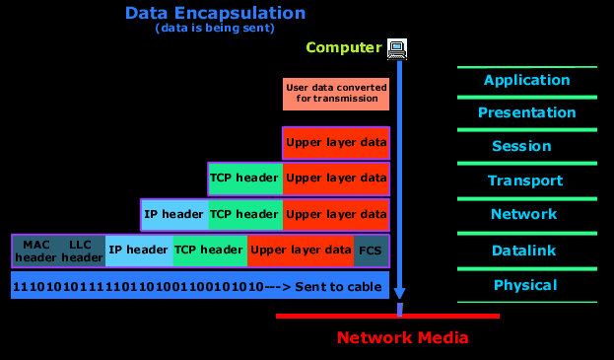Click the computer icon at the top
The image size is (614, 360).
(x=397, y=47)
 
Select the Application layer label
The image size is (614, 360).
(x=526, y=80)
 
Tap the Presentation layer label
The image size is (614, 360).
(x=526, y=112)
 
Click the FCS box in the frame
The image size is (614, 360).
(x=370, y=251)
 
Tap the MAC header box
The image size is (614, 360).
(x=36, y=251)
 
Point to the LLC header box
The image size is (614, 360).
(x=81, y=251)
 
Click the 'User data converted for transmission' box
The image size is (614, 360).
(x=335, y=94)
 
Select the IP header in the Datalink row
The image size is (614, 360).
(x=138, y=251)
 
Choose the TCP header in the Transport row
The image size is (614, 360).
(x=245, y=179)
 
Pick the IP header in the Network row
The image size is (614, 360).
(x=173, y=213)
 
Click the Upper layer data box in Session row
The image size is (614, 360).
(x=335, y=143)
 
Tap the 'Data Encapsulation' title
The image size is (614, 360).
(x=215, y=14)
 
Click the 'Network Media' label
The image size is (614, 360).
(x=402, y=338)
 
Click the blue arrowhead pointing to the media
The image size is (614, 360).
(x=399, y=293)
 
